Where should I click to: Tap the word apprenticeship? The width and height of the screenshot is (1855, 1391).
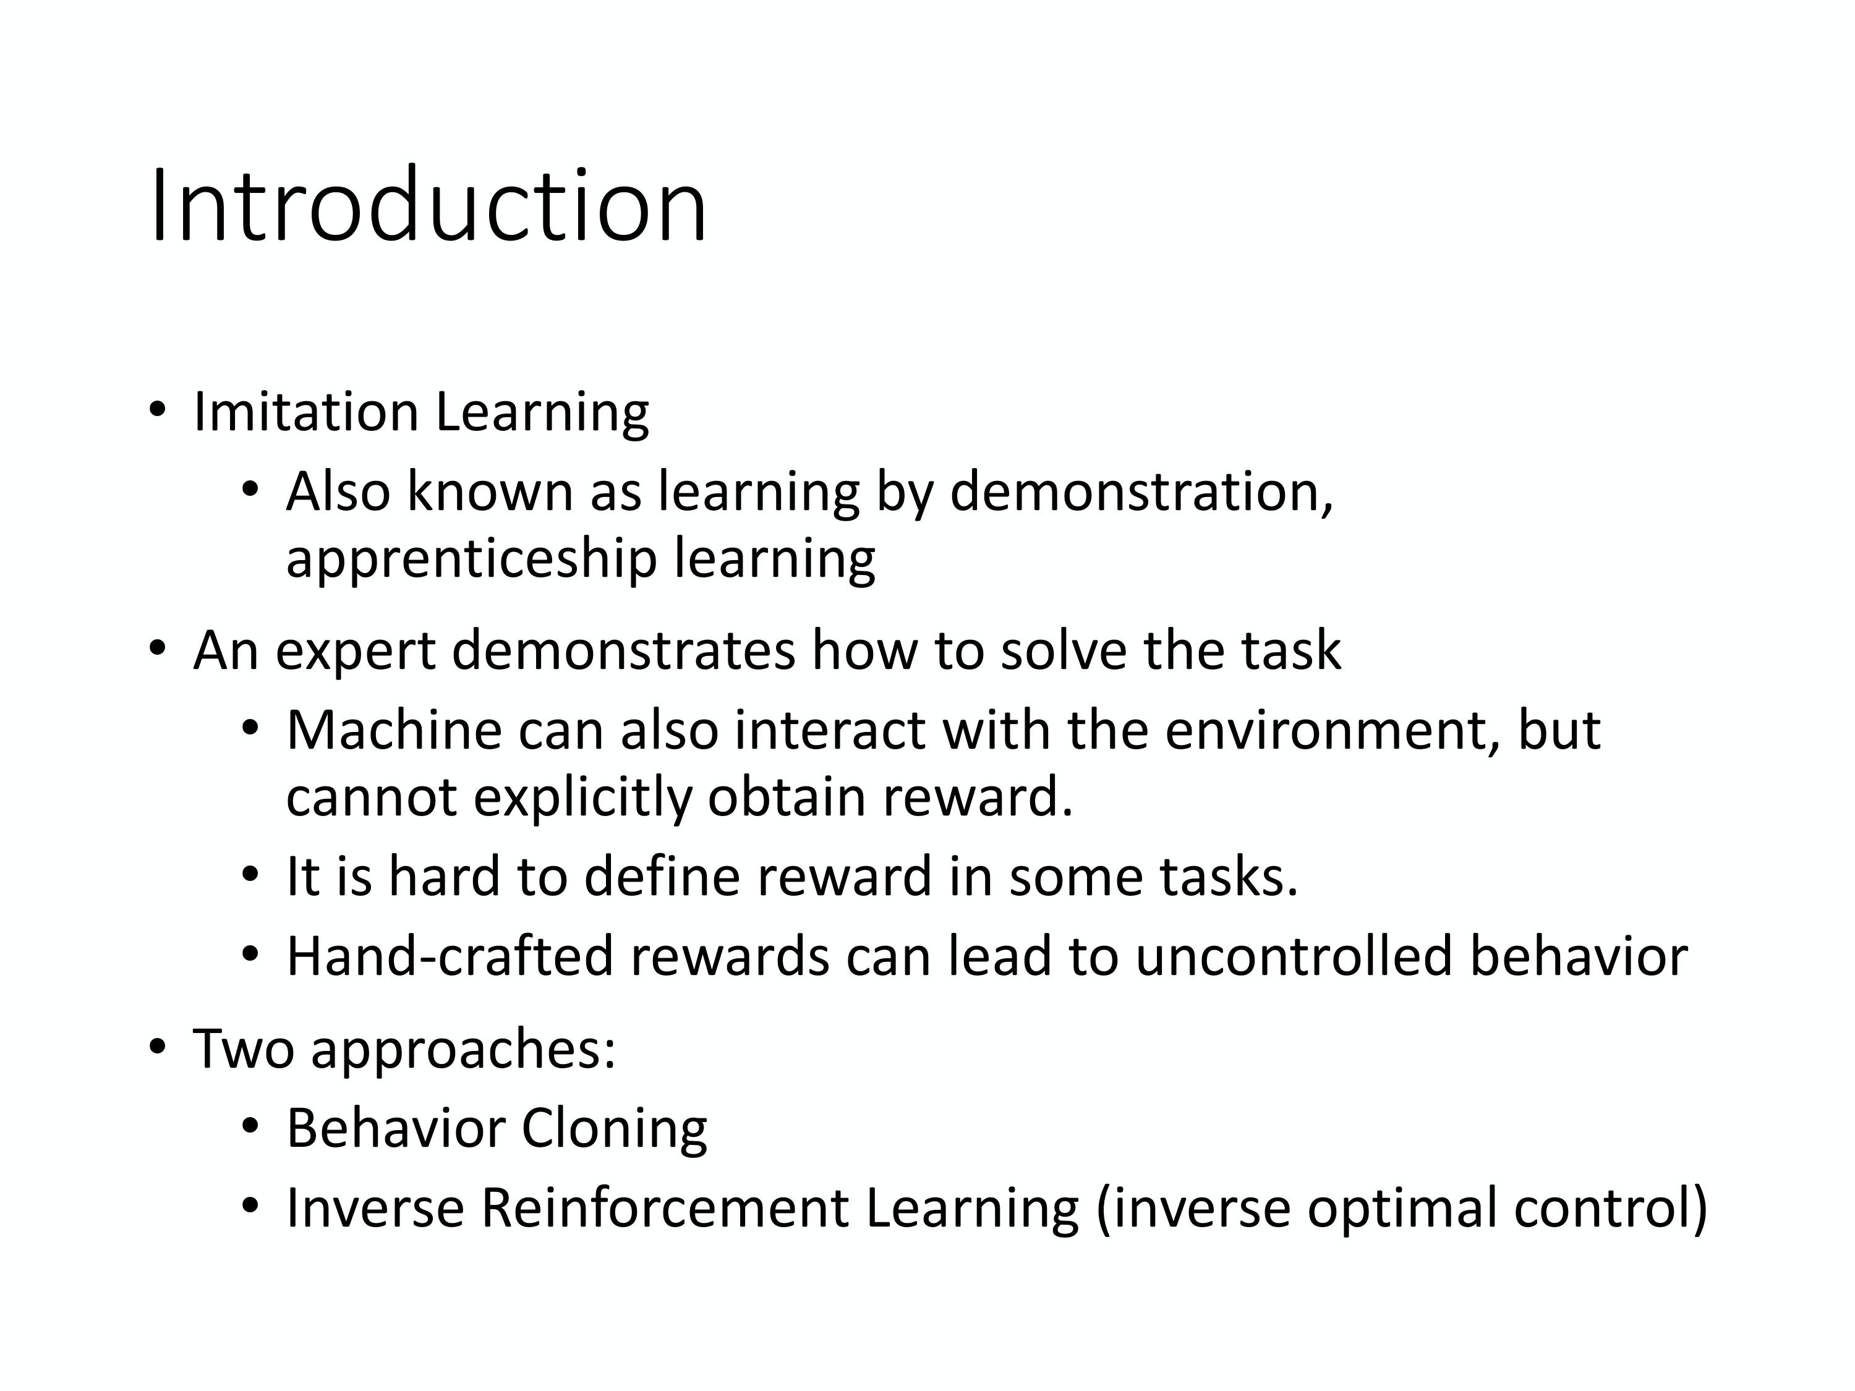471,561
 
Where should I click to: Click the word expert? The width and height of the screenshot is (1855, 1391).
356,652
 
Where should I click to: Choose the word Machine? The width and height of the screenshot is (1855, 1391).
393,730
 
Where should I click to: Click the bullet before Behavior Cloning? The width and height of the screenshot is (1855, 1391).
250,1126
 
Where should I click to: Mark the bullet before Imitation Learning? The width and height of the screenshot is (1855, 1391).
157,411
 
